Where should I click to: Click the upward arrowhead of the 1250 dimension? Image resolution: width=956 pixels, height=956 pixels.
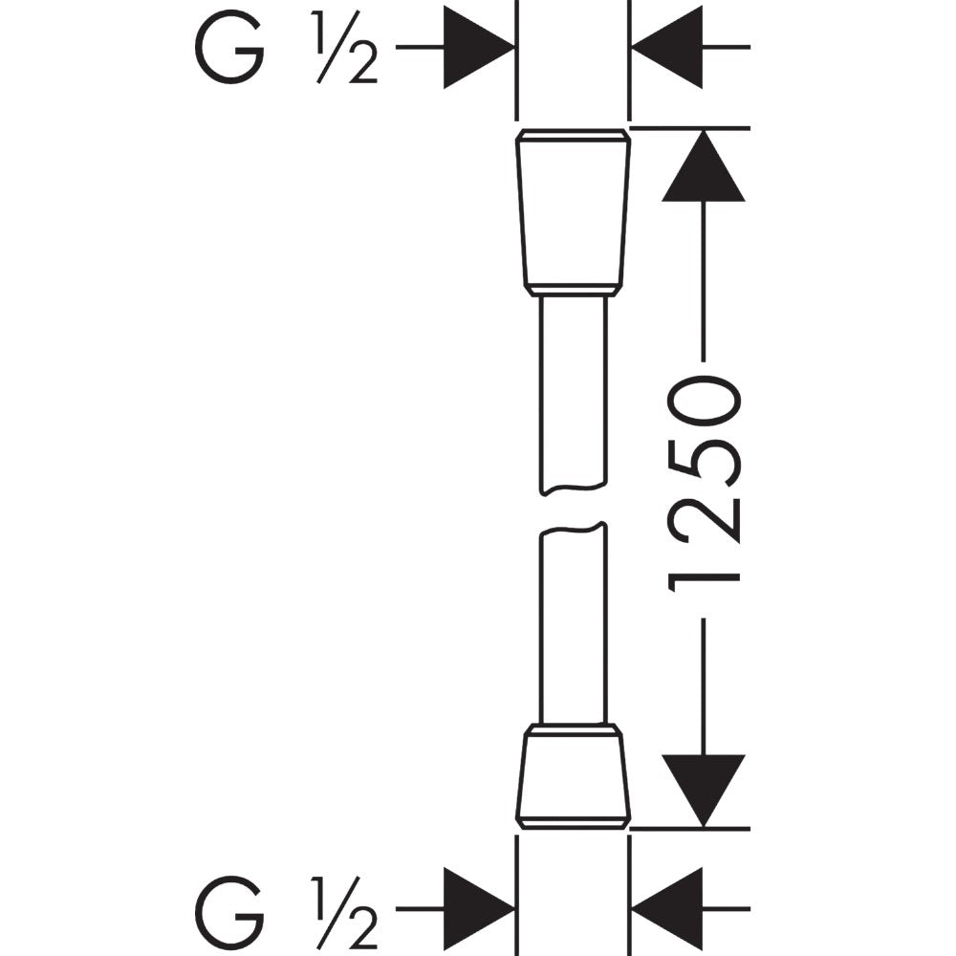coord(704,165)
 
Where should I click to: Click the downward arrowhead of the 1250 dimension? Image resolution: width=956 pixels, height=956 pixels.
coord(704,791)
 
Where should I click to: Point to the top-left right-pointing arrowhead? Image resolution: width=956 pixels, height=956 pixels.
coord(479,47)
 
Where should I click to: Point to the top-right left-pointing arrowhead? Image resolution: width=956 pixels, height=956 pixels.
coord(667,47)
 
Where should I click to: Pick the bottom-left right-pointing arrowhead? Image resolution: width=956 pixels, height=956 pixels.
coord(479,908)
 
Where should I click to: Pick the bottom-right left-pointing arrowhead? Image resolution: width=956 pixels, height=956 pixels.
coord(667,908)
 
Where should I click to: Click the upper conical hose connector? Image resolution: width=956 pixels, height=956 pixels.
coord(573,212)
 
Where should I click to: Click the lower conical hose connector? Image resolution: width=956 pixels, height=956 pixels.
coord(573,776)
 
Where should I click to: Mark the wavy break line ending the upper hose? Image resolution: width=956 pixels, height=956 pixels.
coord(573,489)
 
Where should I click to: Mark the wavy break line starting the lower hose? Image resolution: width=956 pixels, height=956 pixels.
coord(573,528)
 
